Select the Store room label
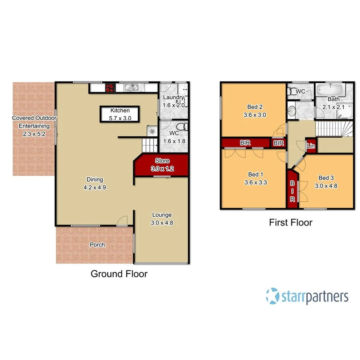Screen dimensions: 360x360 [162, 161]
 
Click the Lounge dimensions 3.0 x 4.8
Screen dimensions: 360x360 [161, 222]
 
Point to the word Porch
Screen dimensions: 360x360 [97, 245]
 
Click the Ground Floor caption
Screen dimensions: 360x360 [119, 274]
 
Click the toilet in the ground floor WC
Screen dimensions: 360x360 [182, 126]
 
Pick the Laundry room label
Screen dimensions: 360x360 [172, 97]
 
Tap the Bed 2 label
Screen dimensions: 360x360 [255, 107]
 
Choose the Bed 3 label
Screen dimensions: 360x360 [326, 178]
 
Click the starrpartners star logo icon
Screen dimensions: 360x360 [272, 296]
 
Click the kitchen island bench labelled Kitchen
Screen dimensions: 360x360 [120, 114]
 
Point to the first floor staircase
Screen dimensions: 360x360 [335, 129]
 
